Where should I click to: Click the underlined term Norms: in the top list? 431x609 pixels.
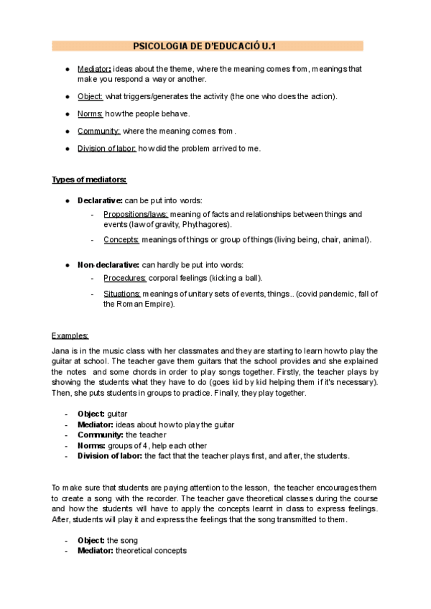[90, 113]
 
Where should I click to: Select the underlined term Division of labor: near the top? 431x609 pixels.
[106, 149]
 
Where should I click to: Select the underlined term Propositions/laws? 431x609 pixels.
[136, 214]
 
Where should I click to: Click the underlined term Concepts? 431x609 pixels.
[121, 239]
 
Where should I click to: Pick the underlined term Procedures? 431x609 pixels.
[125, 277]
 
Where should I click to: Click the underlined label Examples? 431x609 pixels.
[70, 335]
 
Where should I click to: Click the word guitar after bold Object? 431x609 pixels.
[117, 414]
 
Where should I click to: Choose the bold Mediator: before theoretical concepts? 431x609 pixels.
[96, 550]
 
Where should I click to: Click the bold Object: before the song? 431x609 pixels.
[91, 539]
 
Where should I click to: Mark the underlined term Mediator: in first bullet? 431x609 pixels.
[94, 69]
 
